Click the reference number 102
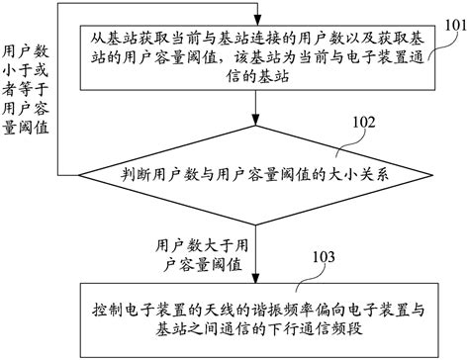363,122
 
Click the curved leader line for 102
346,138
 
